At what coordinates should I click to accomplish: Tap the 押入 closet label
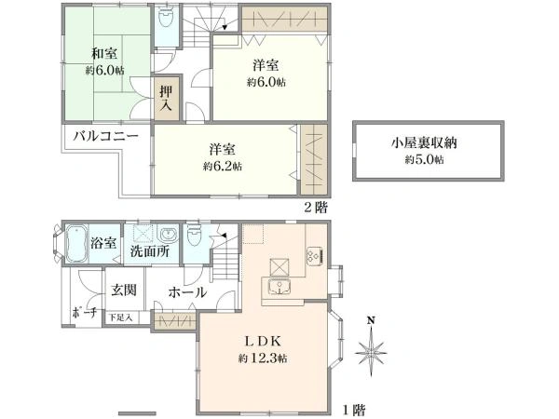click(x=166, y=99)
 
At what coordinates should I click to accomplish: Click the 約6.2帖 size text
click(x=223, y=167)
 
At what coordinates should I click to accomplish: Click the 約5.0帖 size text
click(x=424, y=160)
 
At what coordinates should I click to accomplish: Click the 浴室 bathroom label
click(x=104, y=243)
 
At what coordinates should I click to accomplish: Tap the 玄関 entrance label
click(x=124, y=291)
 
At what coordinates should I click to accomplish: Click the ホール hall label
click(x=187, y=292)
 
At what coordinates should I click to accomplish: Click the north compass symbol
click(x=371, y=349)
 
